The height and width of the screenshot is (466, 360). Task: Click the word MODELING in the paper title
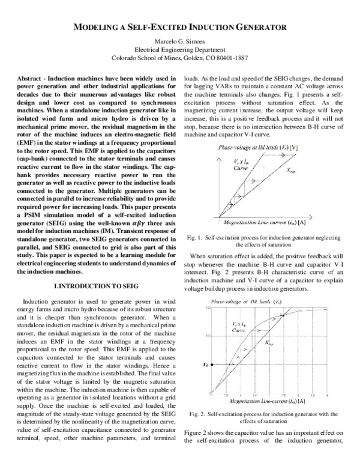pyautogui.click(x=107, y=27)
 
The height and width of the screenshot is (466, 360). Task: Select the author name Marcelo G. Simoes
pyautogui.click(x=180, y=41)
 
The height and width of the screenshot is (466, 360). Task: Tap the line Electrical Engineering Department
pyautogui.click(x=180, y=50)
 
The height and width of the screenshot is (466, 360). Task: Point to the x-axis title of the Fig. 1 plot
pyautogui.click(x=260, y=222)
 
